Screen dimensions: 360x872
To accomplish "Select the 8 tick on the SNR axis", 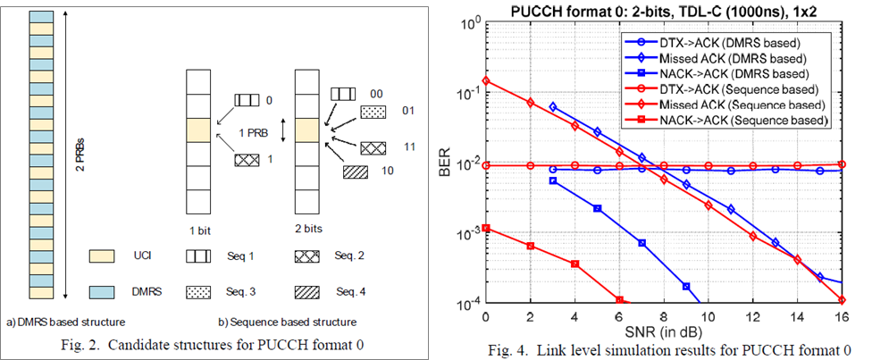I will (663, 319).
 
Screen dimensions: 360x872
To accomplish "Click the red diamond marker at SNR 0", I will (485, 80).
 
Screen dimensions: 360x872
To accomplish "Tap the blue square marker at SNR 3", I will (552, 180).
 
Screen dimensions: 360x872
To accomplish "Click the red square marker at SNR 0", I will (485, 228).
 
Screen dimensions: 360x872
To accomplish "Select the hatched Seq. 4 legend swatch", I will (307, 290).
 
